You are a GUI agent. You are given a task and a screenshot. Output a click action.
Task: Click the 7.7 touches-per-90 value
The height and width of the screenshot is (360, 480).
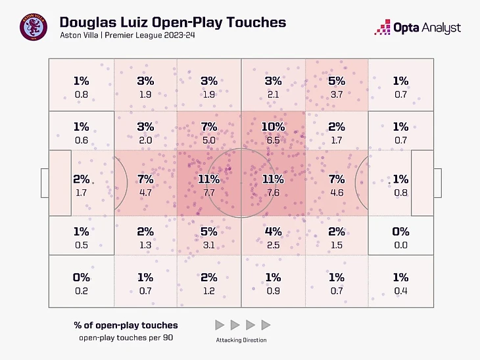[x=209, y=193]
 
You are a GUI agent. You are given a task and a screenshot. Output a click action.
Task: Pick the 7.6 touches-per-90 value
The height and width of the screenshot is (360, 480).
[x=273, y=193]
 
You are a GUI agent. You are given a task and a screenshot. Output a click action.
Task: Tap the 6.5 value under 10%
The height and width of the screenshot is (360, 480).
[x=273, y=140]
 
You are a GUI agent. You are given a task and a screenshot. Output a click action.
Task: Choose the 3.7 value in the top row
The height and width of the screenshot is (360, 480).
[x=336, y=95]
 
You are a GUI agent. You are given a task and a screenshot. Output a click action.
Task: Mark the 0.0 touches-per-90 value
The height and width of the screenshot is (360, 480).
[x=400, y=245]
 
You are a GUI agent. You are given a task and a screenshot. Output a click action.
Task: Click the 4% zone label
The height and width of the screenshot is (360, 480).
[x=273, y=231]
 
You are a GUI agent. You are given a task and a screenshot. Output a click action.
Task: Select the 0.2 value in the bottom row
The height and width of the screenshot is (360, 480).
[x=82, y=291]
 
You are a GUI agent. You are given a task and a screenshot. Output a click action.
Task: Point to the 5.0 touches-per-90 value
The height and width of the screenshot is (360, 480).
[x=209, y=140]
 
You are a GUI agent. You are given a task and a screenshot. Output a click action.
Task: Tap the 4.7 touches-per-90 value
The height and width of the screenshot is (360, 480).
[x=145, y=193]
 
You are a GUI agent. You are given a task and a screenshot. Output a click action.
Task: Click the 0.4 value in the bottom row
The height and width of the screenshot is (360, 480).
[x=400, y=291]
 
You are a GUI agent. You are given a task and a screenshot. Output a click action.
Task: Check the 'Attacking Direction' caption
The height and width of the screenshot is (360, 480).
[x=242, y=340]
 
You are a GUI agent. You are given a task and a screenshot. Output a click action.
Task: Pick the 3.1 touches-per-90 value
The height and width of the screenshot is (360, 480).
[x=209, y=245]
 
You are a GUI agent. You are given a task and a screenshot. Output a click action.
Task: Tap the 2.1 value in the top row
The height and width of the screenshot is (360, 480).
[x=273, y=95]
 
